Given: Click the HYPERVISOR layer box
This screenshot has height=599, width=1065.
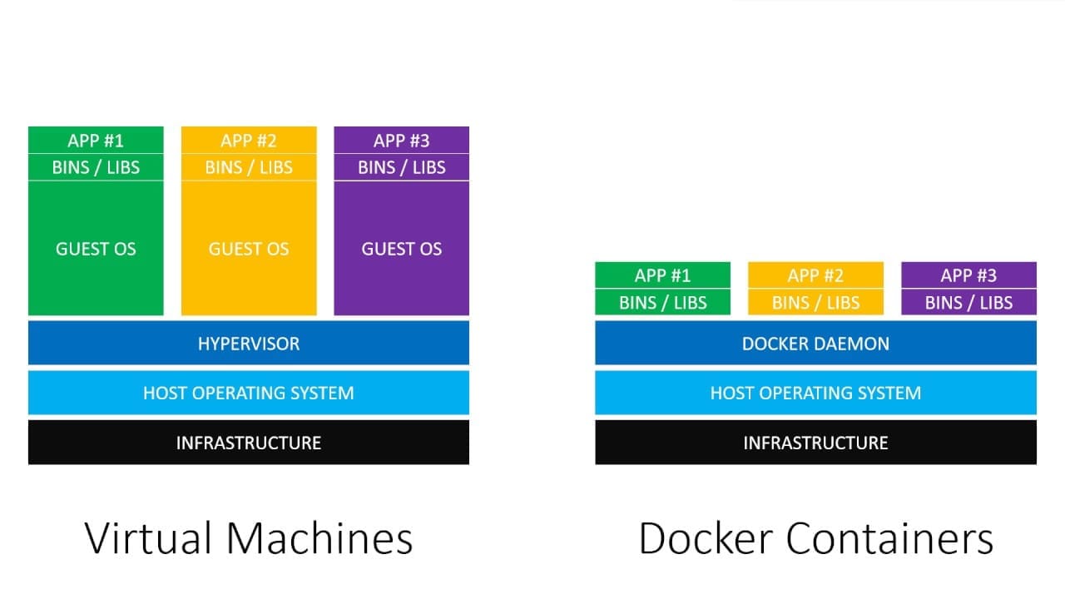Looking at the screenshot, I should [248, 343].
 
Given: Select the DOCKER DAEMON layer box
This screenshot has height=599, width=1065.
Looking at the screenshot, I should [815, 343].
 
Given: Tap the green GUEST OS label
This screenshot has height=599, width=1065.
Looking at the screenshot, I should [96, 249].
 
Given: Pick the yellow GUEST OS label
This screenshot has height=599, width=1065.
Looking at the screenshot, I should [249, 249].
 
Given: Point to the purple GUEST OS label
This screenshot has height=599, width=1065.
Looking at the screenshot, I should [402, 249].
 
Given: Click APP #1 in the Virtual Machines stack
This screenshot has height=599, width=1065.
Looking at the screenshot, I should [96, 141].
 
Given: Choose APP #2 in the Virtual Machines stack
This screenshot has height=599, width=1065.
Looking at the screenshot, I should [249, 141].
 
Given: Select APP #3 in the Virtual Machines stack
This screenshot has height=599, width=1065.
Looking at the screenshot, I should [402, 141].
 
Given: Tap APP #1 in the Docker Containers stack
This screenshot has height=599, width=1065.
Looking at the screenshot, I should [662, 275].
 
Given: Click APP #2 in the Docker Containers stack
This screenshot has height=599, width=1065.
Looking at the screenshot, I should [815, 275].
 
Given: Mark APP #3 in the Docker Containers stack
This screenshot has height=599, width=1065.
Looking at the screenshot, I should [968, 275].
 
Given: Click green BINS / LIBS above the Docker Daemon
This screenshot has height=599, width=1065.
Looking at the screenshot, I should [662, 303].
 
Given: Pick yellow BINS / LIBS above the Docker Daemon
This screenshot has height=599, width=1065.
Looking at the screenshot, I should [815, 303].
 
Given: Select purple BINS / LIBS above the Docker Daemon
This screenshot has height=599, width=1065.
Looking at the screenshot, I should [968, 303].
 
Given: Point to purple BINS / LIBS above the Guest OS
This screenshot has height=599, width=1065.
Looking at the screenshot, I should [402, 167].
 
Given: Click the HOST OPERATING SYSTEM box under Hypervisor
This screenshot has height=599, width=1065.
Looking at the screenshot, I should [248, 393].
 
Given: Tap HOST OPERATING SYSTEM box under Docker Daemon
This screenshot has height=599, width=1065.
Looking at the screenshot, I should [815, 393].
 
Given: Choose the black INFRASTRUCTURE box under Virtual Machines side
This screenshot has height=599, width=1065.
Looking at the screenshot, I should [248, 443].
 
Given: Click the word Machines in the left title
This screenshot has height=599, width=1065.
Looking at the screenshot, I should [319, 538].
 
